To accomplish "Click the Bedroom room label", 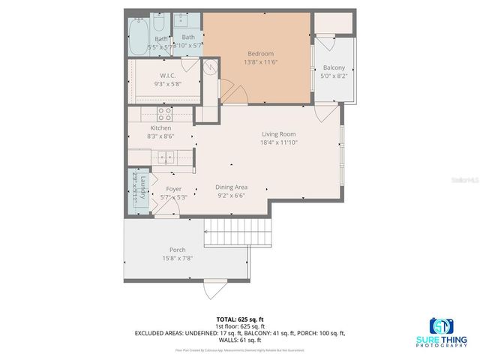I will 260,53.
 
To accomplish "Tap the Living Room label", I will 277,134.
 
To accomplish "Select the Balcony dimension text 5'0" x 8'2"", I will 334,76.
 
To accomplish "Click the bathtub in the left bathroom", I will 139,37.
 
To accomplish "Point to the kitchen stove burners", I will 164,115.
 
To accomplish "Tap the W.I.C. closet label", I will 167,76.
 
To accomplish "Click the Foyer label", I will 174,189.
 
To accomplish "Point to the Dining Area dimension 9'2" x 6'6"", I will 231,196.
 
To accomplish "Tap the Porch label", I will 177,250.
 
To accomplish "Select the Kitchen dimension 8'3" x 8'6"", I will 161,136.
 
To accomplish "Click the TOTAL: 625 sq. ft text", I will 239,319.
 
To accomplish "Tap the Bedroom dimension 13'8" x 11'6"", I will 260,62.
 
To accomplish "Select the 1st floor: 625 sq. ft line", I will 239,325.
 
